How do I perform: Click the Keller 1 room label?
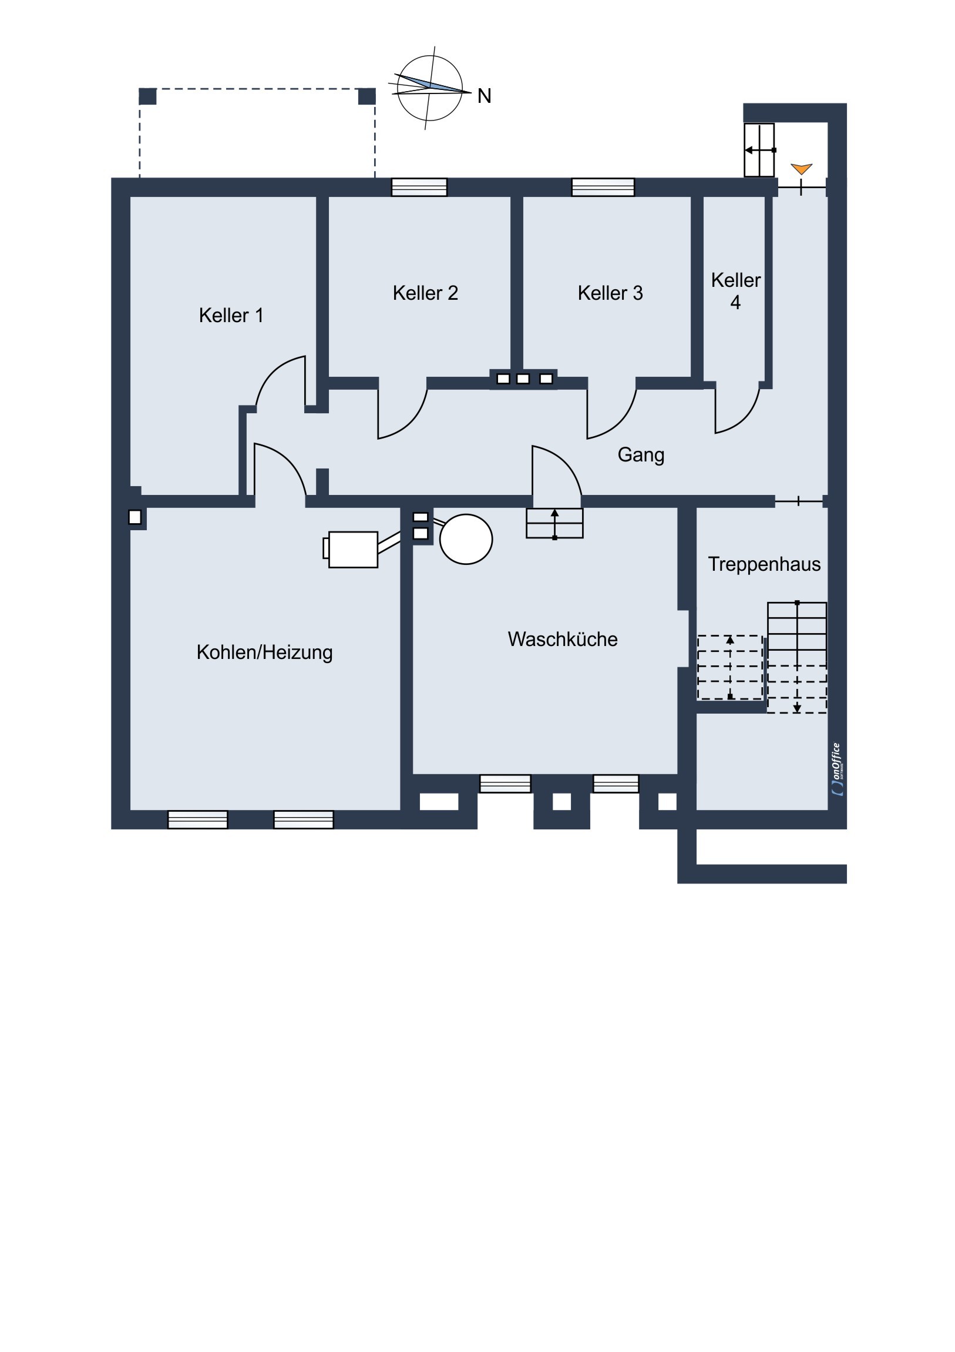[x=231, y=316]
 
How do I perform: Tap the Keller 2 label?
[x=425, y=293]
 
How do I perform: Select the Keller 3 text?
[x=610, y=293]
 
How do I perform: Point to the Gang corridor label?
[x=641, y=455]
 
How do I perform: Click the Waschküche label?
[x=563, y=640]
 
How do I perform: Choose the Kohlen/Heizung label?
[x=265, y=652]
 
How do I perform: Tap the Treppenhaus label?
[x=764, y=564]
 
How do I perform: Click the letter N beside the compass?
[x=485, y=96]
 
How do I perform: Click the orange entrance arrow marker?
[x=802, y=169]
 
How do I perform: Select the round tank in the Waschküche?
[x=466, y=540]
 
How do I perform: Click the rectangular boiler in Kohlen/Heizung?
[x=352, y=550]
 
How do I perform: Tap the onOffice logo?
[x=838, y=769]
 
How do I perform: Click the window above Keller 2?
[x=419, y=188]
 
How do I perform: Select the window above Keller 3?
[x=603, y=188]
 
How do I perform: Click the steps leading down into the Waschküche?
[x=555, y=524]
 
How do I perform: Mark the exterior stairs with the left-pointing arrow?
[x=759, y=150]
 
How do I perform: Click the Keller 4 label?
[x=735, y=292]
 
